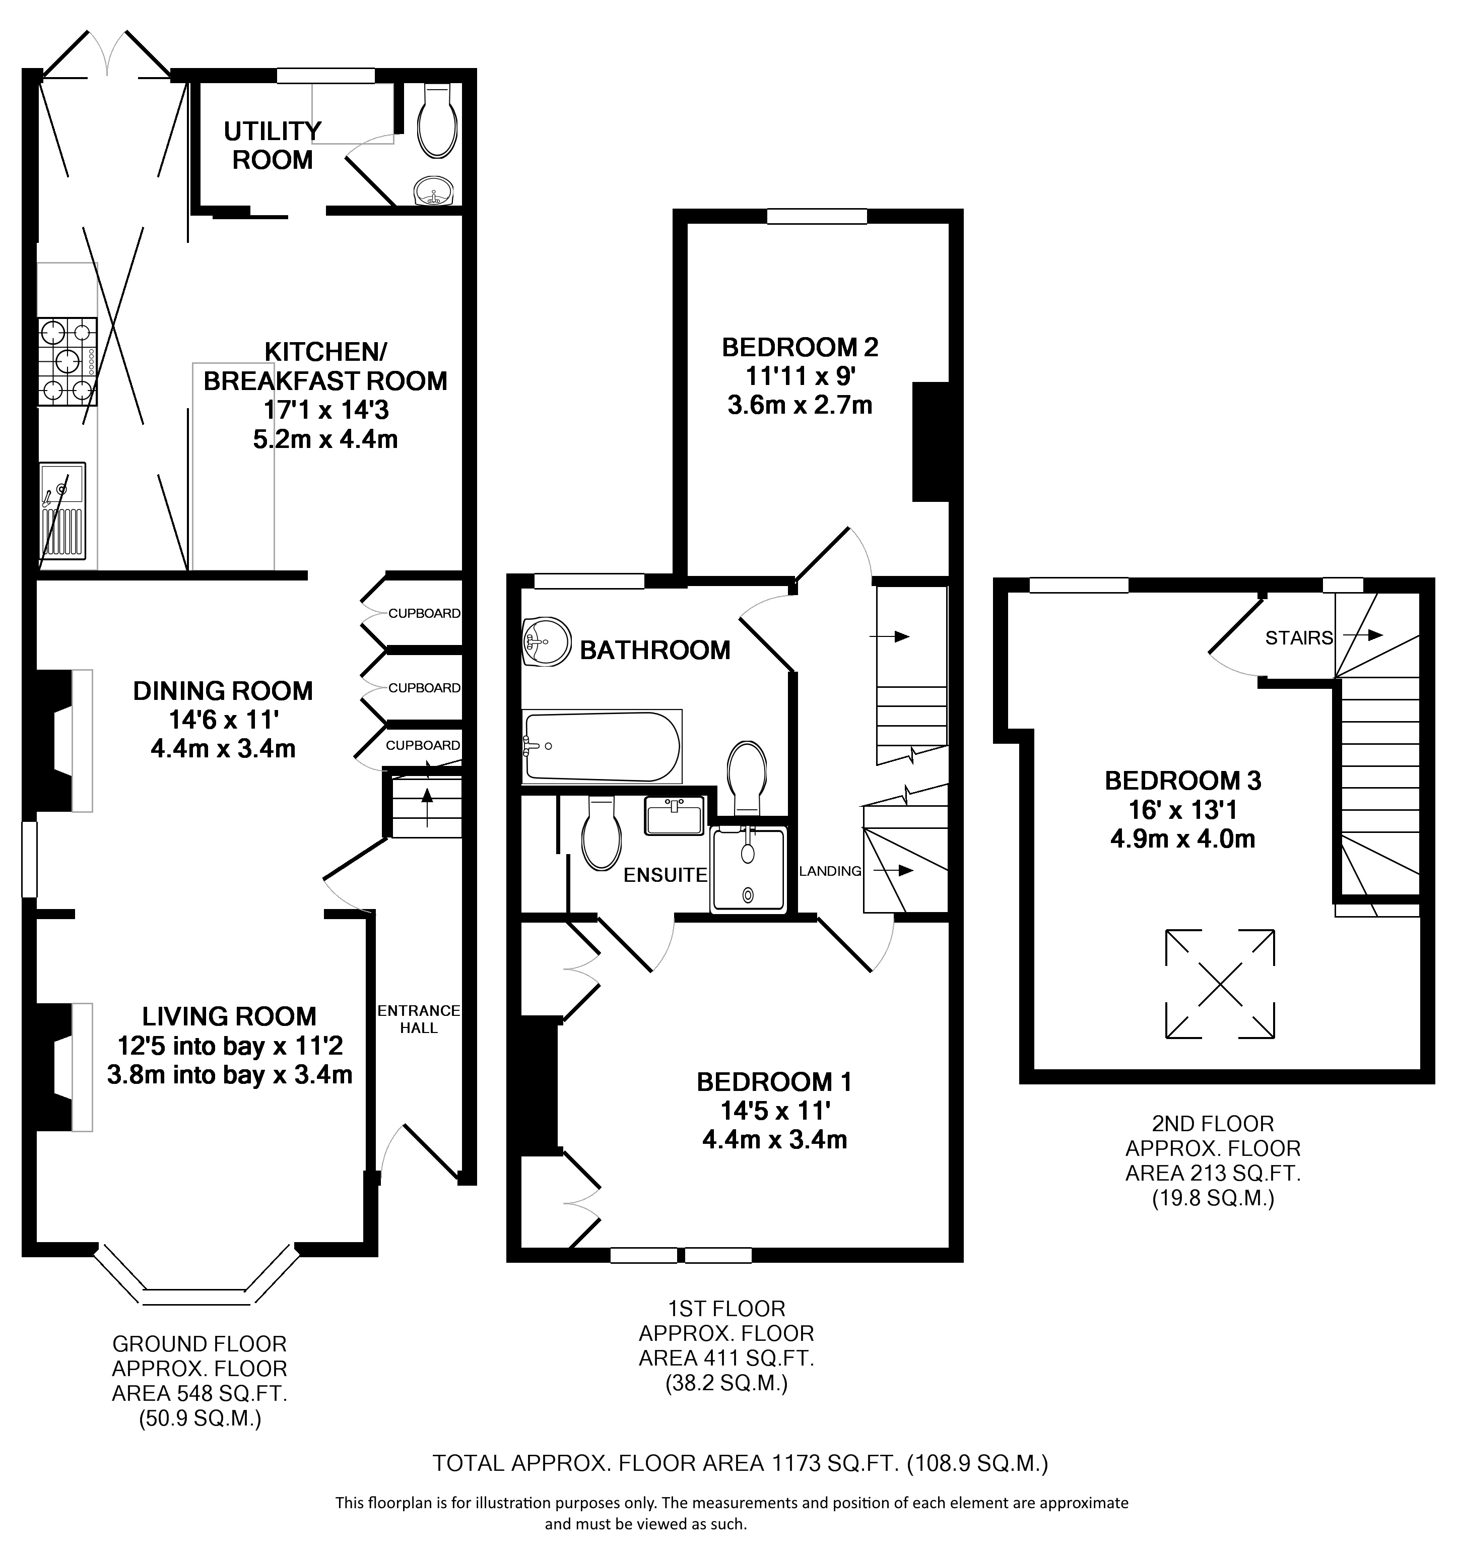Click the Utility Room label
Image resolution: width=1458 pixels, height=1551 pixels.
272,145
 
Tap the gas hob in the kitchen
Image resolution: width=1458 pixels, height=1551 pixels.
68,361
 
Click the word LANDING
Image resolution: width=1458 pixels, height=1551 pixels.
830,871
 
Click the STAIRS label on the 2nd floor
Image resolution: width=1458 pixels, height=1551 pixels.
1299,638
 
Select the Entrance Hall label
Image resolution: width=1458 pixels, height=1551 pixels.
419,1019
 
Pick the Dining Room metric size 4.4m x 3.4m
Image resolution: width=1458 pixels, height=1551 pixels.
223,749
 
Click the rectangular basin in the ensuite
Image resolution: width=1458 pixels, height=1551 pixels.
675,815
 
